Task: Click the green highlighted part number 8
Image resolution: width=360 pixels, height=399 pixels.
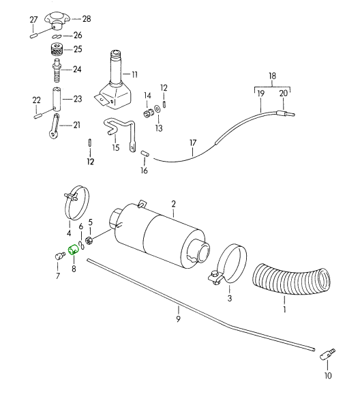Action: click(x=74, y=250)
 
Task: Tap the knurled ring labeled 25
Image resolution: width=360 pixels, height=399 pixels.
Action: click(x=57, y=49)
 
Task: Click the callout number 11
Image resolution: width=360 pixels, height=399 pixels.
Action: click(x=134, y=75)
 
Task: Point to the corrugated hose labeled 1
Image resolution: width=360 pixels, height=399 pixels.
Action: click(x=292, y=279)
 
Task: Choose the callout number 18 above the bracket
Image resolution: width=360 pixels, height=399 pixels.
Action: click(x=272, y=76)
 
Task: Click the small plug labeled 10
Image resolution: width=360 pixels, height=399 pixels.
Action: click(x=327, y=354)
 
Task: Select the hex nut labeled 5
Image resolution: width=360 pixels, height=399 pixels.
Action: click(x=89, y=240)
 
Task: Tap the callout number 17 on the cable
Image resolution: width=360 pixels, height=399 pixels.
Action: click(x=193, y=143)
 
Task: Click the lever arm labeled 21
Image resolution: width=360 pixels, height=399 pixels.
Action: click(x=54, y=126)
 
